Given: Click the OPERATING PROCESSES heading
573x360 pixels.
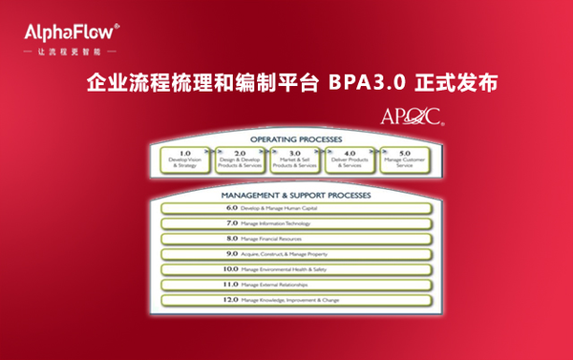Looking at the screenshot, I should pyautogui.click(x=288, y=139).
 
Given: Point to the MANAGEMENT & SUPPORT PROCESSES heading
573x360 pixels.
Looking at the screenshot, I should pyautogui.click(x=288, y=194).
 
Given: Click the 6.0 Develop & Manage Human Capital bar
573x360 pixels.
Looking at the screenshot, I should pyautogui.click(x=290, y=207).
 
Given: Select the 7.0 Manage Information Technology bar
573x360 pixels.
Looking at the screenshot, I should pyautogui.click(x=290, y=222).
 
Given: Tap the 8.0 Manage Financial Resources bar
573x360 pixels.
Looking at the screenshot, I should pyautogui.click(x=290, y=238).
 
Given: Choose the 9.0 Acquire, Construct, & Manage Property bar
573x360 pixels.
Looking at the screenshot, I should pyautogui.click(x=290, y=254).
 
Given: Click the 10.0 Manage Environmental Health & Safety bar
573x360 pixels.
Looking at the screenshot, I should pyautogui.click(x=290, y=269).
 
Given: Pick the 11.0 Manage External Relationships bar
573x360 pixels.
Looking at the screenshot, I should pyautogui.click(x=290, y=285).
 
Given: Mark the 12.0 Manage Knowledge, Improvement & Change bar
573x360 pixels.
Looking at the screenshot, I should pyautogui.click(x=290, y=300).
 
